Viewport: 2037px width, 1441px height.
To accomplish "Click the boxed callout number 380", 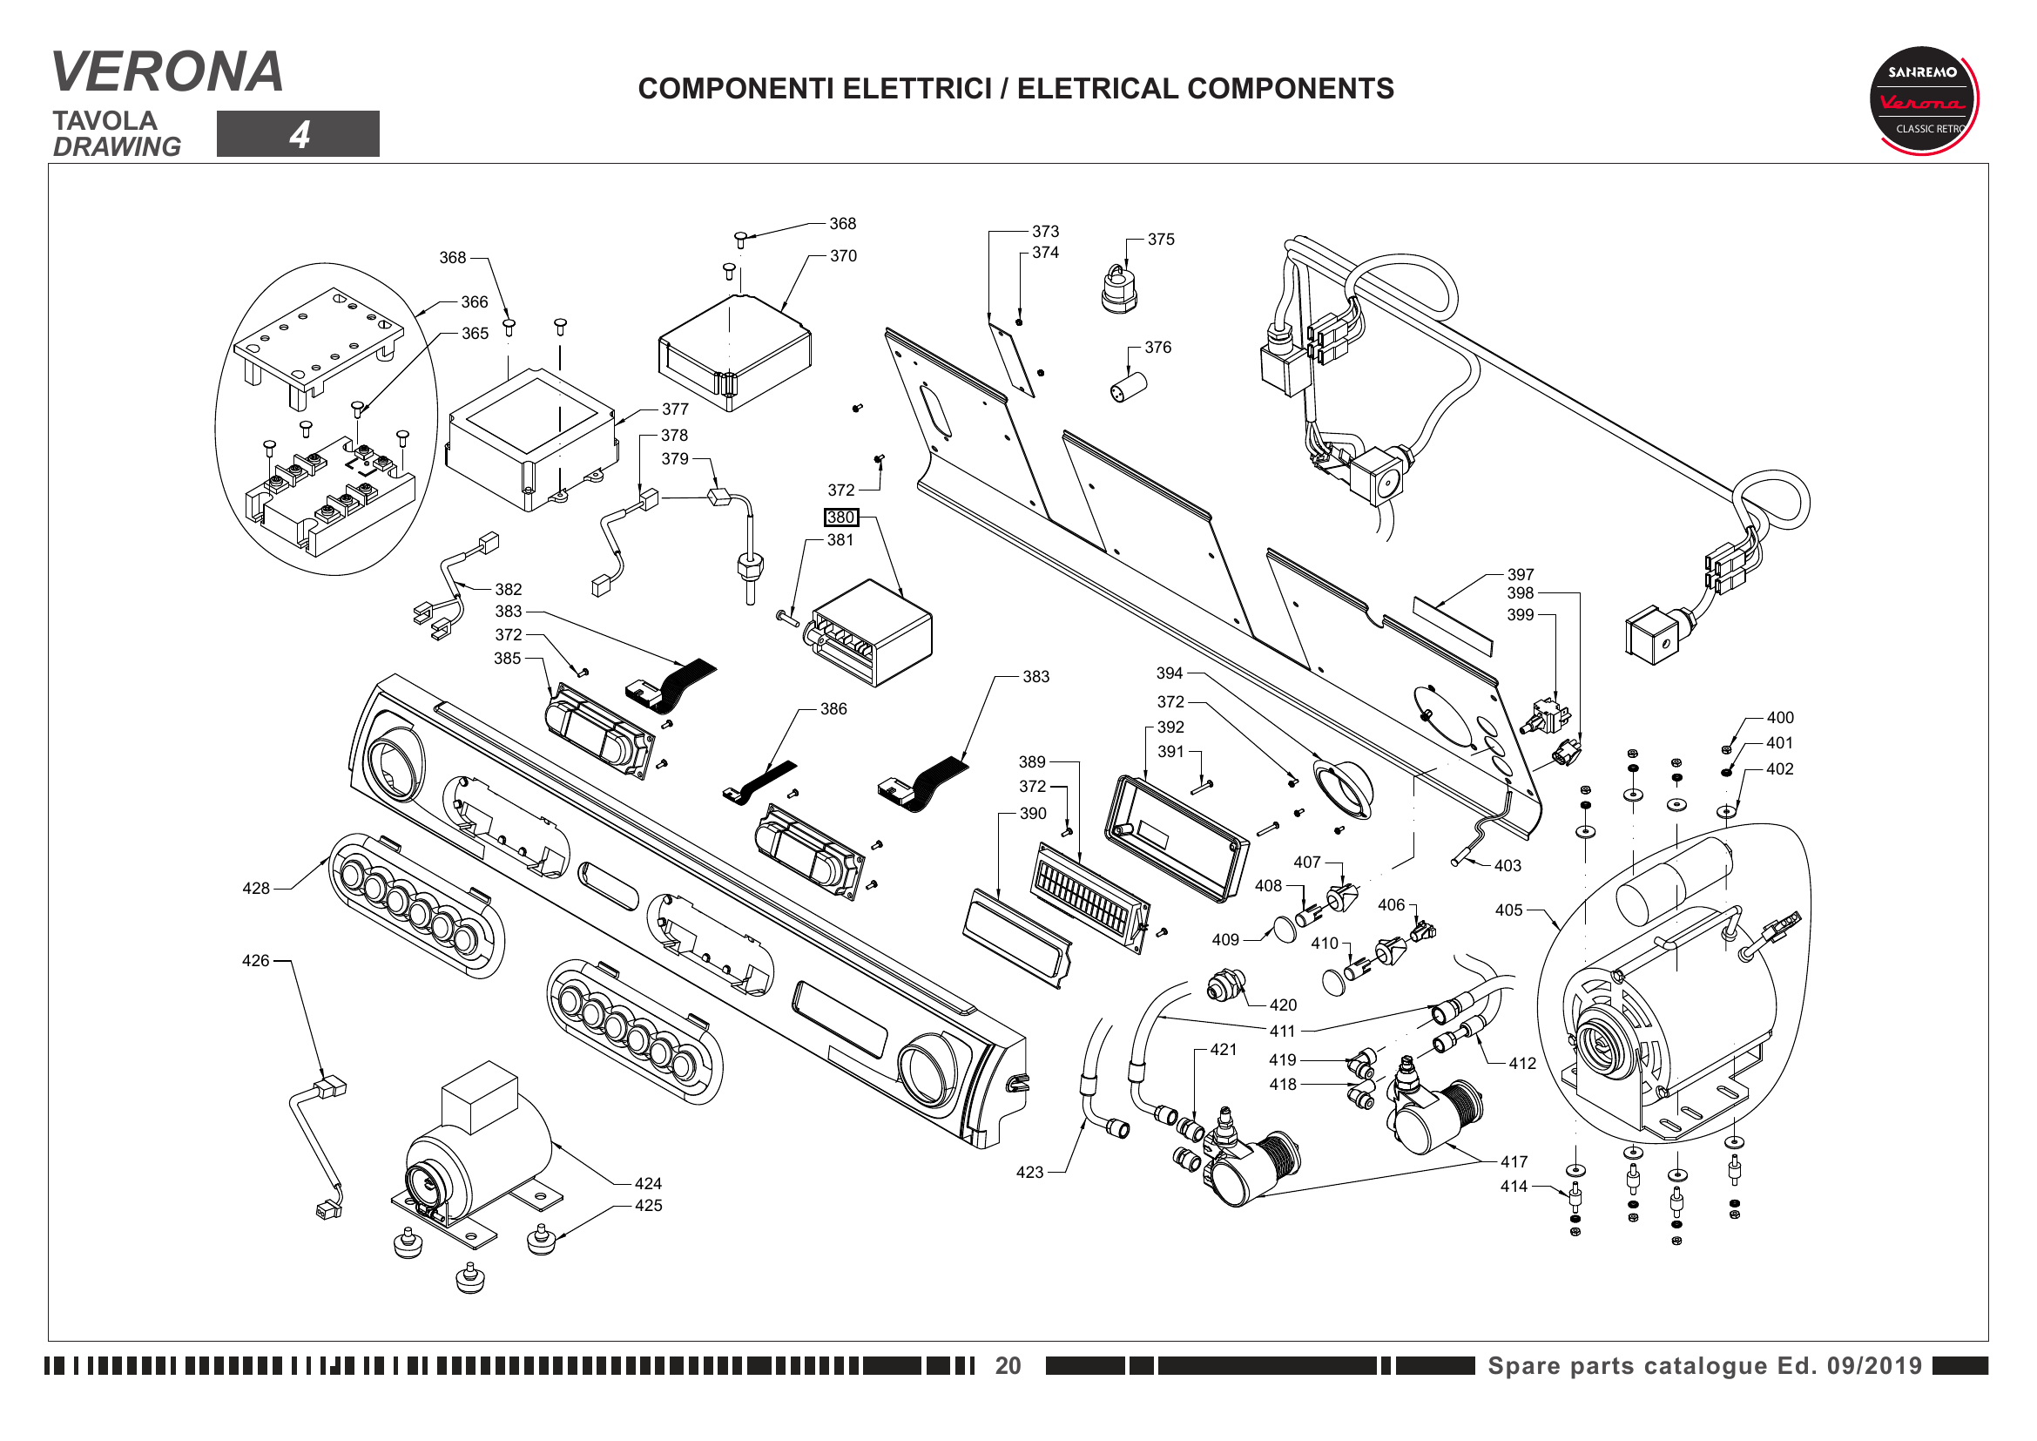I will tap(840, 518).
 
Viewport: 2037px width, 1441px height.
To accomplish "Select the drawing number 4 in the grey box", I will tap(299, 135).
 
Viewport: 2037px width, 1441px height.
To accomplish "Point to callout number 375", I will tap(1160, 240).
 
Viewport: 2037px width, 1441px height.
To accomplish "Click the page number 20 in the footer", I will tap(1007, 1365).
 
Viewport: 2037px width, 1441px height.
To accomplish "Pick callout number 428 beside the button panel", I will tap(255, 888).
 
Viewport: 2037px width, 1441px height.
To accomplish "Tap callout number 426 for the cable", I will tap(255, 961).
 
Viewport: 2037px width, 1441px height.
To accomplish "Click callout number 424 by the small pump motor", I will tap(648, 1184).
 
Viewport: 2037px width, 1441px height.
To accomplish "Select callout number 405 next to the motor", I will tap(1508, 910).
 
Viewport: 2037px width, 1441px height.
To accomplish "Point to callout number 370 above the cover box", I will tap(843, 256).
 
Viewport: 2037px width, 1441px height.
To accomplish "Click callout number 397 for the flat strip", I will tap(1520, 575).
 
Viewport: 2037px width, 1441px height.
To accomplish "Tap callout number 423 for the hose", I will tap(1029, 1173).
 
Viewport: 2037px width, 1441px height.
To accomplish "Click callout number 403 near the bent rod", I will tap(1508, 866).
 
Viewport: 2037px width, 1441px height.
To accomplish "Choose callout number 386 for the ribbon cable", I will tap(833, 709).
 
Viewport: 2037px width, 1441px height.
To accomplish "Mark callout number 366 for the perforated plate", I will tap(475, 302).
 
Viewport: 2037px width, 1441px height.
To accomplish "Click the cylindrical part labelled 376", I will tap(1129, 388).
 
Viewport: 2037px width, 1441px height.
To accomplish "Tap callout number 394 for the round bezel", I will tap(1170, 673).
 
